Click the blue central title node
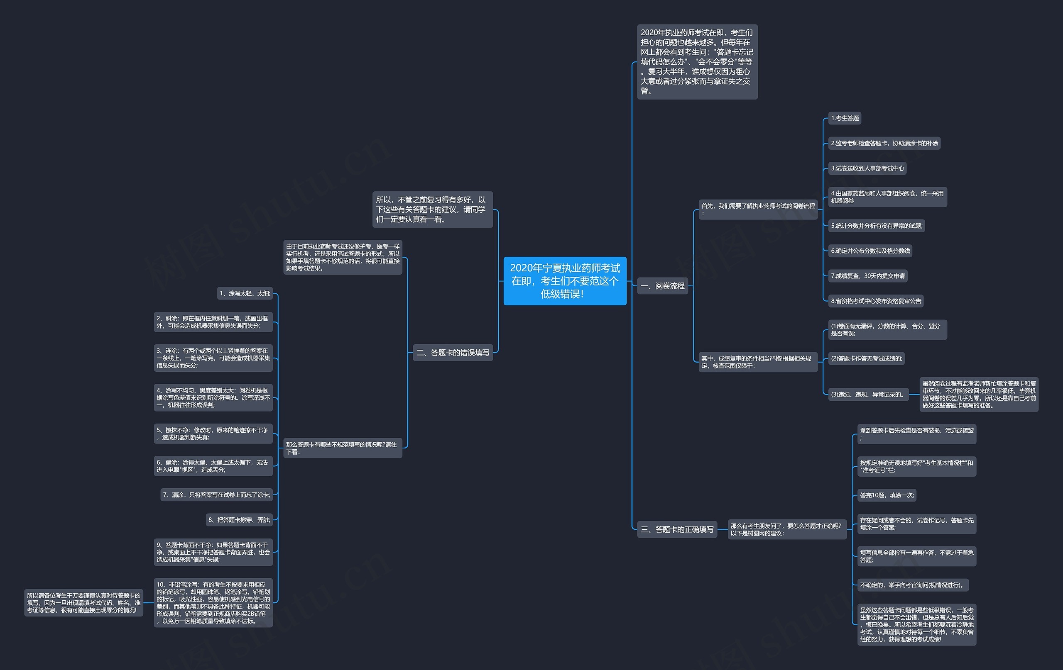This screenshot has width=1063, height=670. [565, 281]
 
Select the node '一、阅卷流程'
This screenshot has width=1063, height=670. [662, 286]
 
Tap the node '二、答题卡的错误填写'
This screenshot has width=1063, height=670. [453, 352]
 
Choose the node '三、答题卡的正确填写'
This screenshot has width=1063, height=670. [677, 529]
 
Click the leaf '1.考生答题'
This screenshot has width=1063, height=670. [845, 118]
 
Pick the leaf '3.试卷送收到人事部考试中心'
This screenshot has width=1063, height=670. [867, 168]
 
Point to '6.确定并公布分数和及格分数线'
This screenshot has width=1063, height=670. [870, 251]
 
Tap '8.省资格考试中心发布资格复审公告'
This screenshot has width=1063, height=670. [876, 301]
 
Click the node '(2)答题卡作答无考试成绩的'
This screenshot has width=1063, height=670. [866, 358]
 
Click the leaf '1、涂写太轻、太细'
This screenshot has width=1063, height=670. [245, 293]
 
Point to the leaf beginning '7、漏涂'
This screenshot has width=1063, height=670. [216, 495]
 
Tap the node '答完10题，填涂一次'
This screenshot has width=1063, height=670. [887, 495]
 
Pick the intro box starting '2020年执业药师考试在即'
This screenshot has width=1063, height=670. [697, 62]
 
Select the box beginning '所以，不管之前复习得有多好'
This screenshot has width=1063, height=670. [432, 210]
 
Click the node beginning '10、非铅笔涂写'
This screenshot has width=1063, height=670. [213, 602]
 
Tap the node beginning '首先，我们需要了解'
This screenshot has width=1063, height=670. [758, 210]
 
